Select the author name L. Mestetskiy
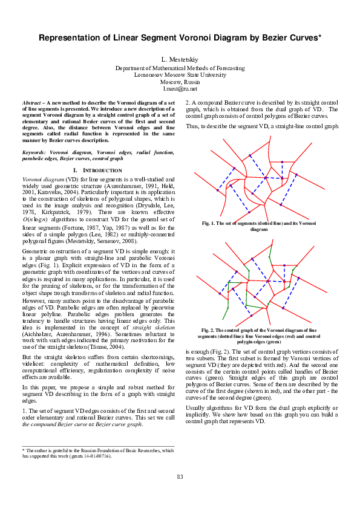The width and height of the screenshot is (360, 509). click(180, 61)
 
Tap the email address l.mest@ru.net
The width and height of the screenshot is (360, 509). click(180, 89)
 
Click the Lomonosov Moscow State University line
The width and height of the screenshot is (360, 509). click(180, 75)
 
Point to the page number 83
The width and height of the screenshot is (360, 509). click(180, 494)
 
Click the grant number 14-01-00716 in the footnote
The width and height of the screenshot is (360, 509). click(113, 456)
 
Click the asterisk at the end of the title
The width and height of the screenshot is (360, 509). click(319, 36)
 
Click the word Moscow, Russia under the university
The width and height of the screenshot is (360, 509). click(180, 82)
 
